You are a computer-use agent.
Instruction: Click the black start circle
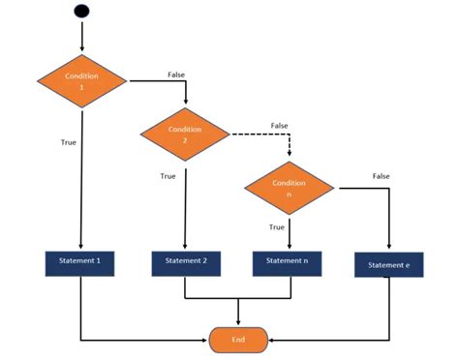click(x=82, y=12)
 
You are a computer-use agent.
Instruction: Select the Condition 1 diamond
click(x=81, y=80)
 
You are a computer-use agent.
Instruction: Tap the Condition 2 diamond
click(x=184, y=134)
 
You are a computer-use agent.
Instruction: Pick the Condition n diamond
click(x=289, y=189)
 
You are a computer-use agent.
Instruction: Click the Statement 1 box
click(x=80, y=261)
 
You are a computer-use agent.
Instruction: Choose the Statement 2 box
click(x=186, y=261)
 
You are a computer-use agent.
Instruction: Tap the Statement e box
click(x=388, y=264)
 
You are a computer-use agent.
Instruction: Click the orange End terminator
click(x=238, y=340)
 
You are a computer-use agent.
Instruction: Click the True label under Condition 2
click(x=168, y=176)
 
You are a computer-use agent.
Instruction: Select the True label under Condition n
click(x=276, y=226)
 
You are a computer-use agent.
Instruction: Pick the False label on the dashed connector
click(x=279, y=125)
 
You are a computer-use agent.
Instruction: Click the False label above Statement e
click(x=381, y=175)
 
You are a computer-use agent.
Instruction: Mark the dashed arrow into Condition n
click(x=289, y=145)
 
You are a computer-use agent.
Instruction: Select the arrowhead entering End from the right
click(x=273, y=340)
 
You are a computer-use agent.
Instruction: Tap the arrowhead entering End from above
click(x=238, y=323)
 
